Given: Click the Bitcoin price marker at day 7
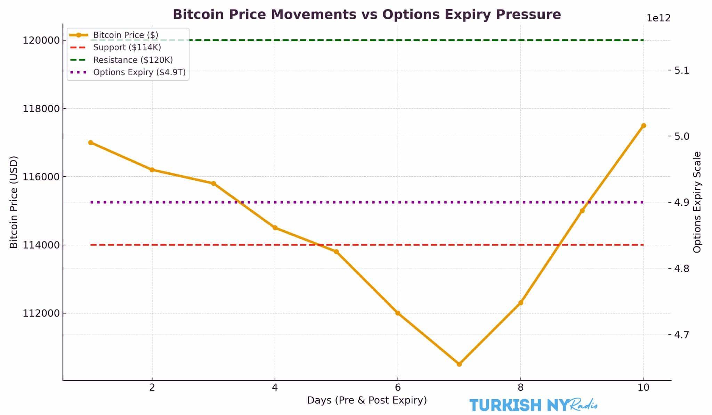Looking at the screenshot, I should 459,364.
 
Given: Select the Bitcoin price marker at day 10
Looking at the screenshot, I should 644,125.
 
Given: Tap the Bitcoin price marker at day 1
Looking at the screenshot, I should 90,143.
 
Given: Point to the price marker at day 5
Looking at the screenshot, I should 336,252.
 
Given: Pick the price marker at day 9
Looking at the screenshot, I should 582,211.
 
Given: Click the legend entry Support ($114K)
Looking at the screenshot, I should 127,47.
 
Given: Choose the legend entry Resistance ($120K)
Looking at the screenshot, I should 133,60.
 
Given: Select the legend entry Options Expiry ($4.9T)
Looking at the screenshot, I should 139,72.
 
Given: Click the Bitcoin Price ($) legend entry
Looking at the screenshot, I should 126,35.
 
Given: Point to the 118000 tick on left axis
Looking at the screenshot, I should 41,109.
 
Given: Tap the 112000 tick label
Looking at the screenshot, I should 41,314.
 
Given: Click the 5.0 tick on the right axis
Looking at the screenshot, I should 681,136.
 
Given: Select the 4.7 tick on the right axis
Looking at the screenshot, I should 681,335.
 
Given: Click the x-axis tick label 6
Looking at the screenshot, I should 398,387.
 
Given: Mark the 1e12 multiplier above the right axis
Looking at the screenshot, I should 658,18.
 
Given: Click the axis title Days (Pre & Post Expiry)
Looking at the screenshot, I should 367,400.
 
